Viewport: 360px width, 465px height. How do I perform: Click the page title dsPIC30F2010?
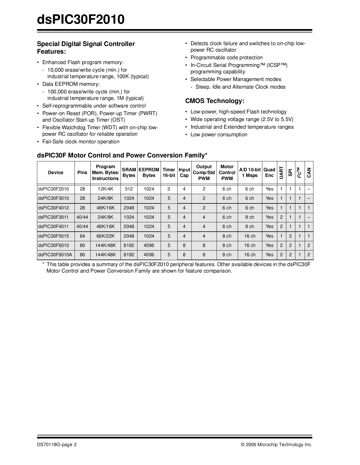click(x=81, y=20)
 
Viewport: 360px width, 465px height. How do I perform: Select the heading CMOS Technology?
click(x=215, y=101)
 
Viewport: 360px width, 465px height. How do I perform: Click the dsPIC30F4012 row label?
click(x=53, y=208)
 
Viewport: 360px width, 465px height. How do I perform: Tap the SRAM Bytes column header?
click(x=129, y=172)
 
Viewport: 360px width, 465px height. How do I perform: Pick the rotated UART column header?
click(x=281, y=172)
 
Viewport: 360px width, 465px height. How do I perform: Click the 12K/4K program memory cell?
click(x=105, y=189)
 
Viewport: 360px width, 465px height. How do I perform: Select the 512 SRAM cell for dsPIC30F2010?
click(x=129, y=189)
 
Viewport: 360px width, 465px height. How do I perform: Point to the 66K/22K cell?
click(x=105, y=236)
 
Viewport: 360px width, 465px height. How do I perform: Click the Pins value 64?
click(x=82, y=236)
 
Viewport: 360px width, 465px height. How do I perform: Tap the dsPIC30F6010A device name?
click(x=55, y=255)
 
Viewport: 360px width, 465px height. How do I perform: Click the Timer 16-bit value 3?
click(x=169, y=189)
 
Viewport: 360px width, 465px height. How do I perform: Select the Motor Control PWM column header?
click(x=227, y=172)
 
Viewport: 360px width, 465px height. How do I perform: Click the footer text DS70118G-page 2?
click(x=57, y=445)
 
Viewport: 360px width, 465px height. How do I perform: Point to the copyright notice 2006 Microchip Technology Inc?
click(x=276, y=445)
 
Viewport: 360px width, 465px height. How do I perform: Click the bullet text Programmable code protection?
click(x=226, y=58)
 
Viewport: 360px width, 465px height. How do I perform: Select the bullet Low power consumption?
click(x=219, y=135)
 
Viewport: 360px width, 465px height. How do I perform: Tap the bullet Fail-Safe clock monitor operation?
click(x=81, y=142)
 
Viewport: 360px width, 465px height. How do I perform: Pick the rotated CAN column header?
click(x=309, y=172)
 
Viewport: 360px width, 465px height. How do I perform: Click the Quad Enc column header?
click(x=269, y=172)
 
